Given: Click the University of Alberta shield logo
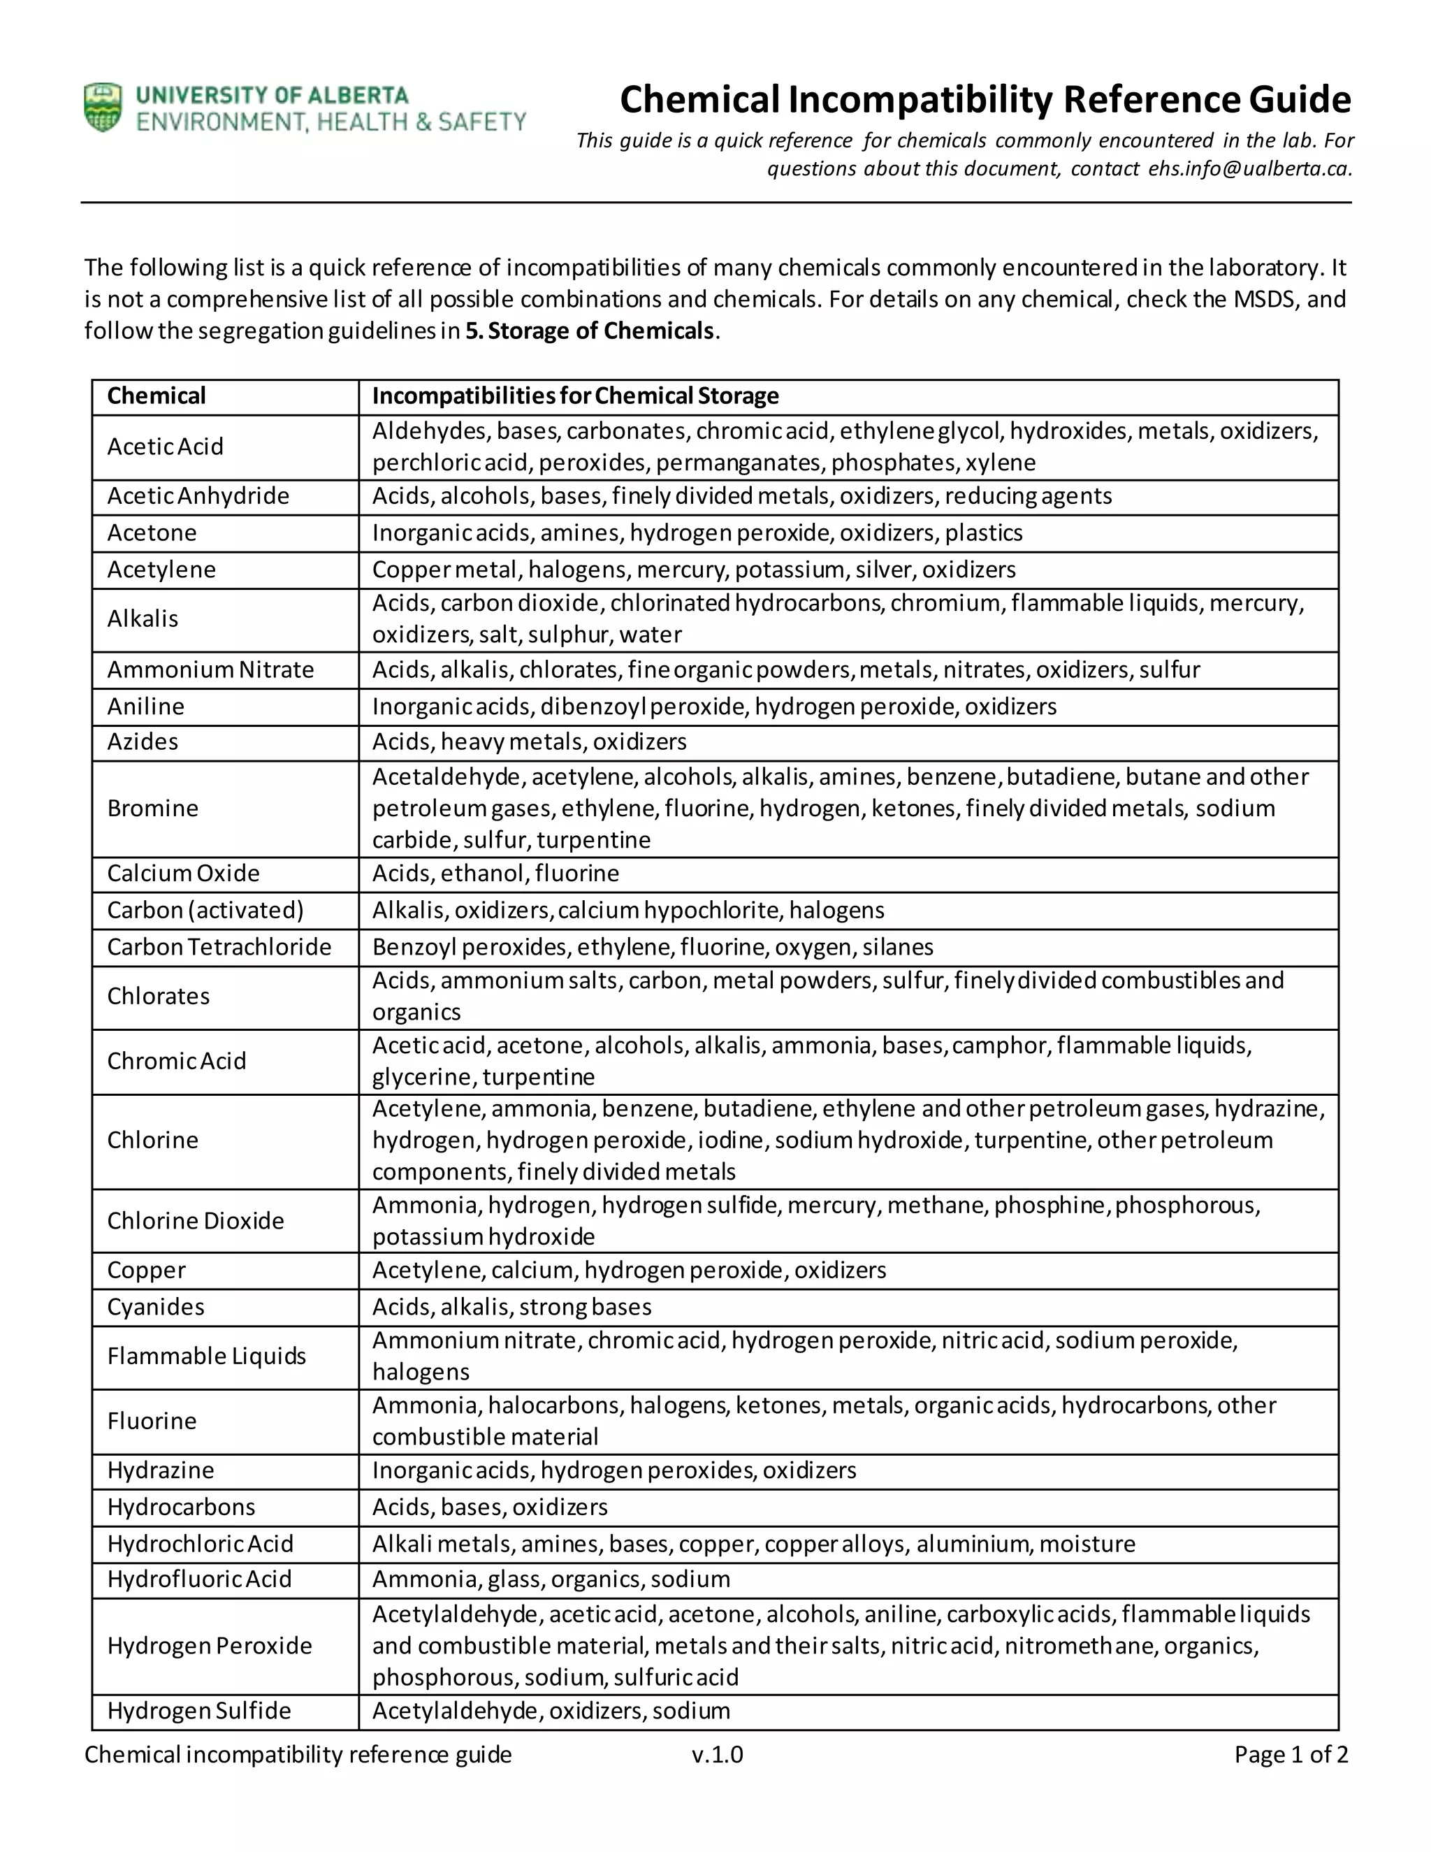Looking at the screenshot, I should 103,108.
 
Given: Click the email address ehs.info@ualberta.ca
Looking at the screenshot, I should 1249,168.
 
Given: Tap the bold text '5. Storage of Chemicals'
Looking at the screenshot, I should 590,331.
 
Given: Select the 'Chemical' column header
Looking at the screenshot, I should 157,396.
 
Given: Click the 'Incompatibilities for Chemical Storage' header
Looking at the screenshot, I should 576,396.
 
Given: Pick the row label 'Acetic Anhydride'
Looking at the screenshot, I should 198,496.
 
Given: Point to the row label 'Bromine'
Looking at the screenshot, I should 152,808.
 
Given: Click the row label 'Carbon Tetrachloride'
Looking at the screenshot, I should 219,946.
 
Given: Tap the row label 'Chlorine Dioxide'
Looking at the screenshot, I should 196,1220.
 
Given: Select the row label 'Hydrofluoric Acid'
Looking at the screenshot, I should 199,1579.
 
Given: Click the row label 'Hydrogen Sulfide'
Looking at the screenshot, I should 199,1710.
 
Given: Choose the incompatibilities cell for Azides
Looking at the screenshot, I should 530,742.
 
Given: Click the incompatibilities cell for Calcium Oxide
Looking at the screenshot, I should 496,874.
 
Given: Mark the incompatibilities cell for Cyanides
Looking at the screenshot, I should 512,1307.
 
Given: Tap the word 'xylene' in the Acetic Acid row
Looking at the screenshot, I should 1001,463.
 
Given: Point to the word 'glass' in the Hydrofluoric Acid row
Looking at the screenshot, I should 514,1579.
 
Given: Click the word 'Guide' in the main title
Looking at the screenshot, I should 1300,99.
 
